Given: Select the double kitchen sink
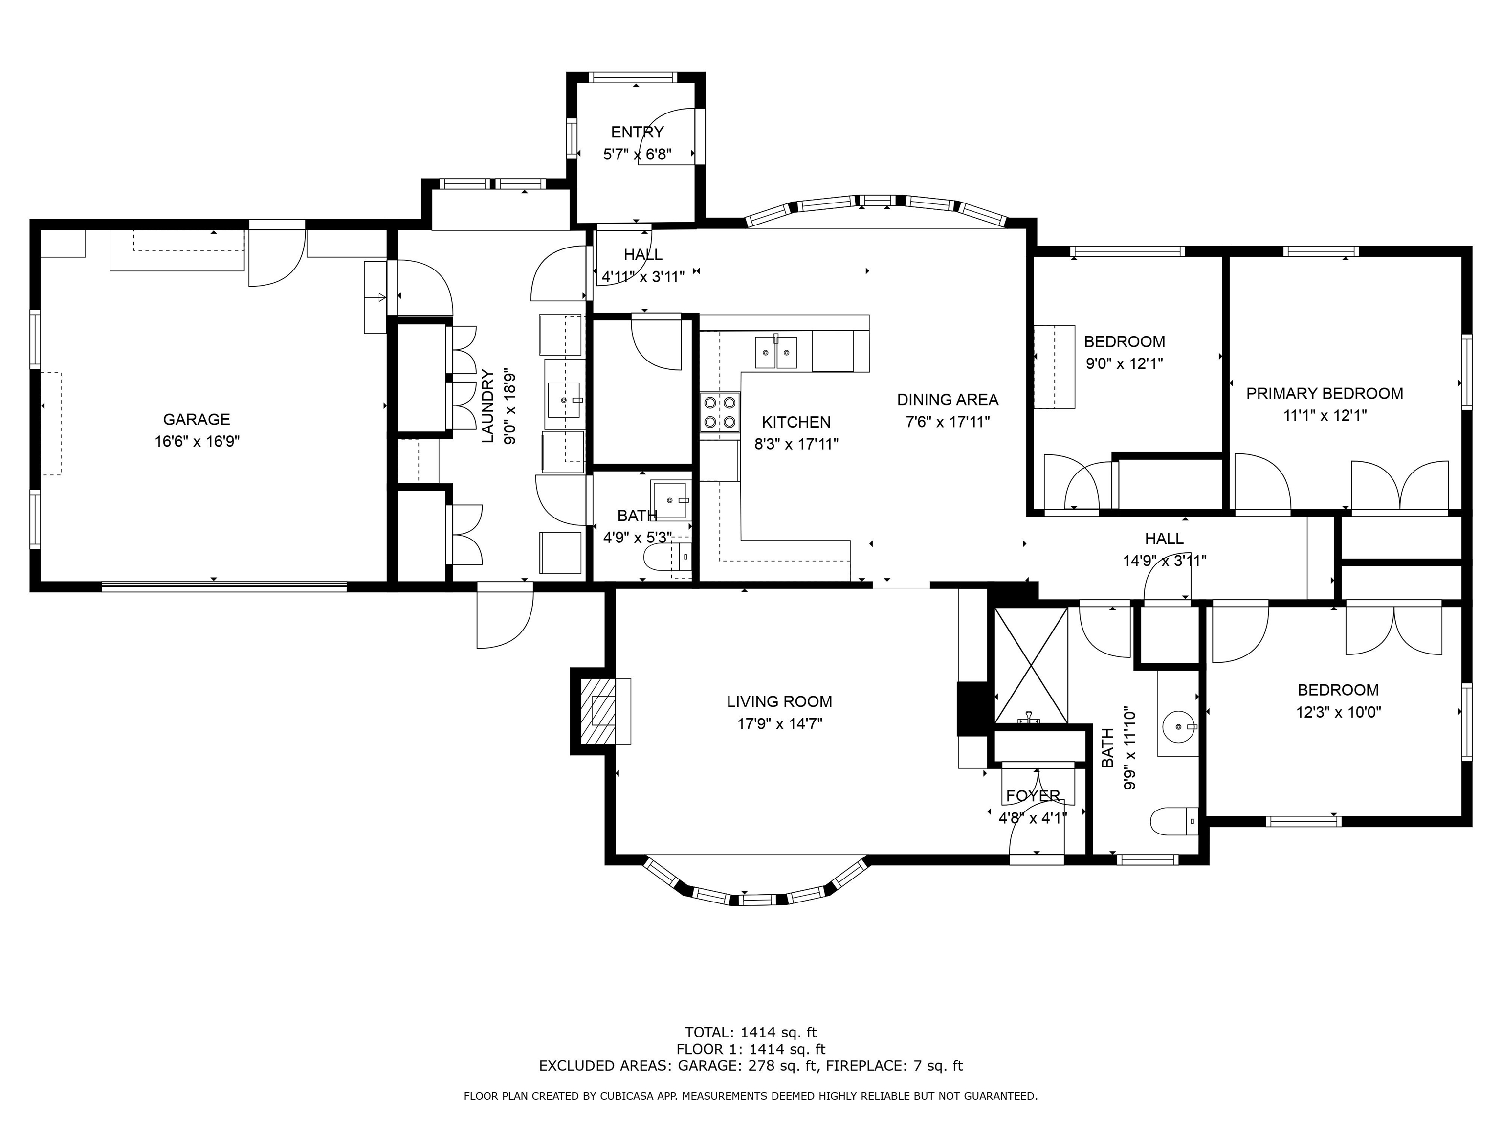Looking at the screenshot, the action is (x=776, y=351).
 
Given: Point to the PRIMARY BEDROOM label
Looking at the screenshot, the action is (x=1324, y=393).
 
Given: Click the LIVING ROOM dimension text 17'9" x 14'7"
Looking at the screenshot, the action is (x=779, y=723).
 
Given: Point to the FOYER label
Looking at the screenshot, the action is (x=1033, y=795).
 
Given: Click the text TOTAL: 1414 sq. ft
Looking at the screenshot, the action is (x=751, y=1033).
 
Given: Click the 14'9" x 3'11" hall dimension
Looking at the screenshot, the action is (x=1165, y=561).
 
